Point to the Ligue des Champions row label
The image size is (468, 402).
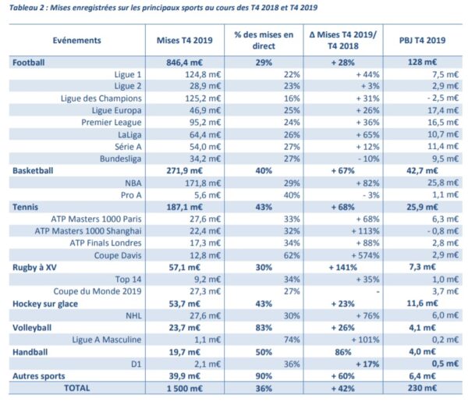coord(101,99)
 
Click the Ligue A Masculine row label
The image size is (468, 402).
coord(99,339)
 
